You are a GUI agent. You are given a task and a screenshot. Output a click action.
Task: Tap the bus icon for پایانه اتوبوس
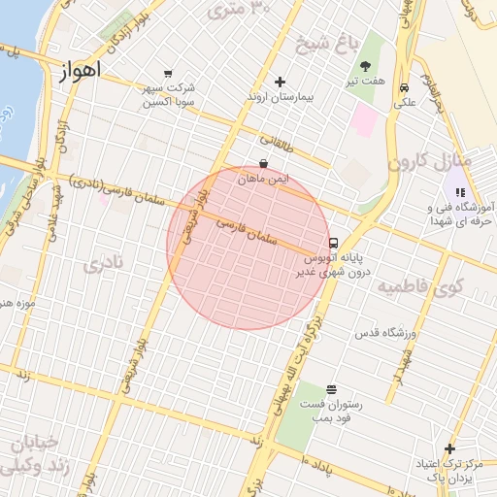(334, 243)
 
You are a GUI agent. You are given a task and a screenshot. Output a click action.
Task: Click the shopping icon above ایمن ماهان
(263, 164)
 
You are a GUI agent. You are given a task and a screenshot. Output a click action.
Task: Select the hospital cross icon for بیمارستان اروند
(281, 82)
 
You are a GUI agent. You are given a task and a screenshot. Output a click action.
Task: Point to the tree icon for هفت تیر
(366, 66)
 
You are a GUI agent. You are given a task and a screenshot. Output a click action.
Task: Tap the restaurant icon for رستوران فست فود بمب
(332, 388)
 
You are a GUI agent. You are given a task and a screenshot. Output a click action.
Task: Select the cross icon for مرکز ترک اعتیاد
(448, 448)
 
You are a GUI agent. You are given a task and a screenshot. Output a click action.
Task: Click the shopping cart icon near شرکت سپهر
(168, 73)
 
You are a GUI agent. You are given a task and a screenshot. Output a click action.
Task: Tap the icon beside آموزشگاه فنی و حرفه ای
(459, 192)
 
